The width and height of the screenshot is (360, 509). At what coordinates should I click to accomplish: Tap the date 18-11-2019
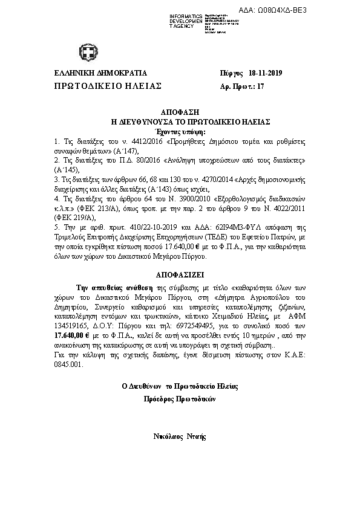[266, 74]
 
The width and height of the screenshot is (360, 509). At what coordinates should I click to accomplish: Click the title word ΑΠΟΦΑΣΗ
[179, 113]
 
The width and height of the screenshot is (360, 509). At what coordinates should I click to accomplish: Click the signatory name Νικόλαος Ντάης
[179, 435]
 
